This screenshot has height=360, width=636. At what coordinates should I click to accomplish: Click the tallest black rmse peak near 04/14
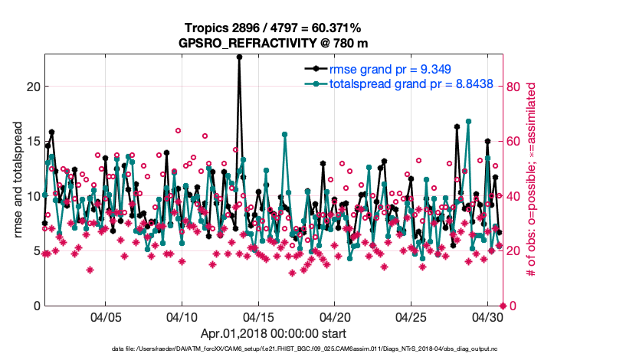point(239,57)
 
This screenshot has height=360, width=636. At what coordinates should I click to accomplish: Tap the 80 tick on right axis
point(513,86)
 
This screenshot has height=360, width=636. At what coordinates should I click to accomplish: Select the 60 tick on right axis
point(513,141)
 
